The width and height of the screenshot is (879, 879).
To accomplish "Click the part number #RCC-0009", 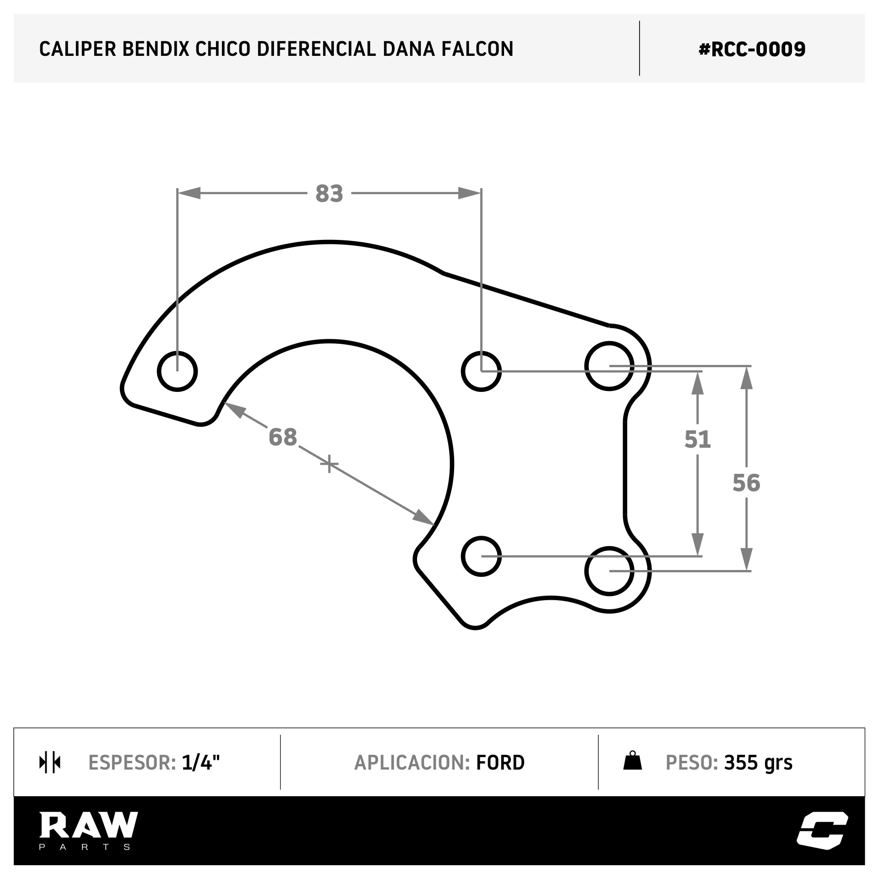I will click(752, 49).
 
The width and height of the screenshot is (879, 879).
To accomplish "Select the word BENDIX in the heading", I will click(155, 49).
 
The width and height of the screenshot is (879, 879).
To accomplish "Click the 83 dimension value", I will click(329, 194).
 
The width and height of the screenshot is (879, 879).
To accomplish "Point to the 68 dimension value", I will click(283, 437).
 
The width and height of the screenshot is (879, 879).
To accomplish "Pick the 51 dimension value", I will click(697, 439).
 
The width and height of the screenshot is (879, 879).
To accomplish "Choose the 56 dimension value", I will click(746, 483).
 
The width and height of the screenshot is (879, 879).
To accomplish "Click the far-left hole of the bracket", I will click(177, 371).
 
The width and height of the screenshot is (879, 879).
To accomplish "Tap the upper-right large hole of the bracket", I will click(609, 366).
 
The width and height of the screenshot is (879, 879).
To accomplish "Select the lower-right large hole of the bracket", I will click(609, 571).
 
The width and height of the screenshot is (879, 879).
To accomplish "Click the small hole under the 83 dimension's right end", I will click(481, 371).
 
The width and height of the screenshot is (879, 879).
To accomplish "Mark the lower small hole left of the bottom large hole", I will click(481, 556).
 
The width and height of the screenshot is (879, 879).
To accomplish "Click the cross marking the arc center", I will click(329, 464).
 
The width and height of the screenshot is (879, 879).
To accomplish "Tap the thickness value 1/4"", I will click(201, 763).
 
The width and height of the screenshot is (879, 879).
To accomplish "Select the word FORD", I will click(500, 763).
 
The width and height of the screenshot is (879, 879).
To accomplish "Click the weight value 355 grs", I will click(758, 763).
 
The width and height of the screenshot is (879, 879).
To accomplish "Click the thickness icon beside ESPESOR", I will click(50, 763).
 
